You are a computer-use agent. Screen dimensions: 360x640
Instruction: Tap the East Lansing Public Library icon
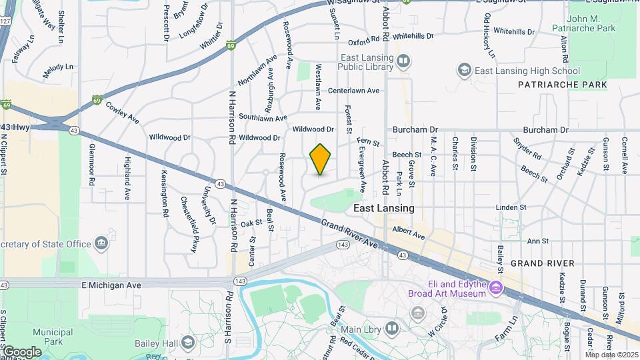click(403, 63)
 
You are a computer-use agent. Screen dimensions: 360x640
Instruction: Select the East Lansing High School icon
click(465, 70)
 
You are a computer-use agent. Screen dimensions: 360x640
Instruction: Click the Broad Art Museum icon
click(495, 288)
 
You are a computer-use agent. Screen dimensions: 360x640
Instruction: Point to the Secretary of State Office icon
click(101, 243)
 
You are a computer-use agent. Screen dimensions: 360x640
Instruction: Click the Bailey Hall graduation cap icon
click(189, 343)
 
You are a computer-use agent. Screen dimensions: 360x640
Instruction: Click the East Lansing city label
click(383, 208)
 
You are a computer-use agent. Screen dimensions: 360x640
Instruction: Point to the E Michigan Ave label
click(111, 285)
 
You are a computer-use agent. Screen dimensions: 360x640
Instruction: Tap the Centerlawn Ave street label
click(353, 90)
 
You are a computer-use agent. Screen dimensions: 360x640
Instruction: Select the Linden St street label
click(511, 208)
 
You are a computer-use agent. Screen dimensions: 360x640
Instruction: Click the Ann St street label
click(537, 241)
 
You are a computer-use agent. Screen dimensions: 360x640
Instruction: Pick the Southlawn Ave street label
click(263, 118)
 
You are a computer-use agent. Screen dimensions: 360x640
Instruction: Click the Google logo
click(21, 352)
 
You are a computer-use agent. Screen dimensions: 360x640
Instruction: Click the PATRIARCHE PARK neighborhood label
click(562, 85)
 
